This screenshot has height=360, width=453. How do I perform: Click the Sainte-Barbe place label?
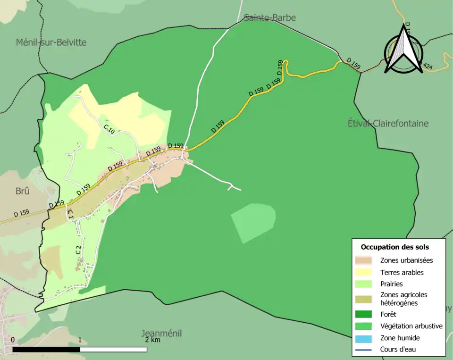coord(270,18)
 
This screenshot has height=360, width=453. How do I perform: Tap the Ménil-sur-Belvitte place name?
coord(51,42)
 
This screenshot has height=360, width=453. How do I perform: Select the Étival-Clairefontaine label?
coord(388,124)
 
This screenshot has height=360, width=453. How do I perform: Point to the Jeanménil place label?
coord(161,334)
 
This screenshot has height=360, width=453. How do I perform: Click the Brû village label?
coord(23,192)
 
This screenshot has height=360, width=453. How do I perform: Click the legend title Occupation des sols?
coord(394,247)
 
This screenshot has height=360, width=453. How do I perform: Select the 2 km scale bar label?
coord(153,340)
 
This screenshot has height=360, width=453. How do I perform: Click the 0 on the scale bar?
coord(13,340)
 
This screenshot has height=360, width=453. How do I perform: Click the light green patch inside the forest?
coord(253,222)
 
